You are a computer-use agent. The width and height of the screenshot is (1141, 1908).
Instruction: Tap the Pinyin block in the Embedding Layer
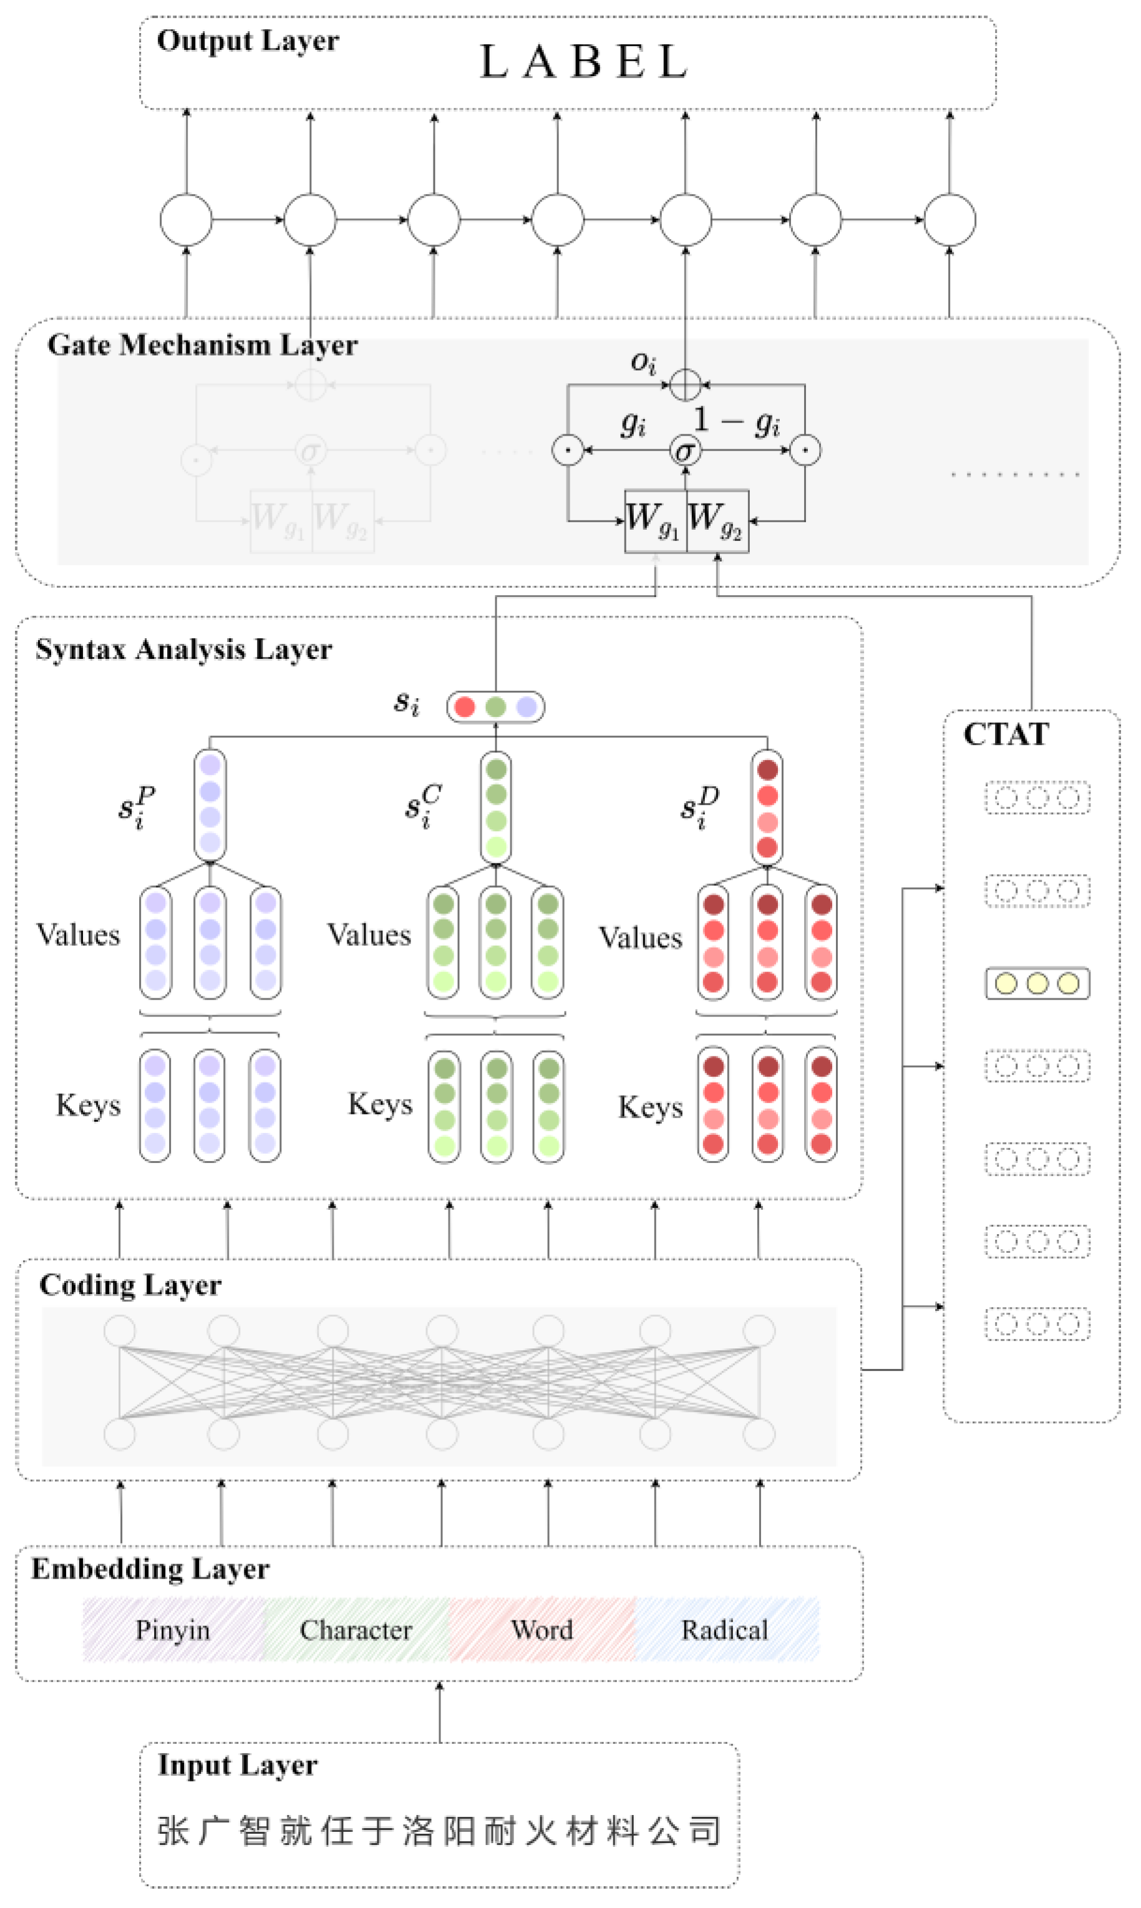173,1630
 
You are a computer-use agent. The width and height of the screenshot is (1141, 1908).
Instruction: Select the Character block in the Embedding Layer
356,1630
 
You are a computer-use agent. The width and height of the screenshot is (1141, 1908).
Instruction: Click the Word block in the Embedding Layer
542,1630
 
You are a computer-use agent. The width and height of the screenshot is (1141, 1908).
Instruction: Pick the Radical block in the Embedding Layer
725,1630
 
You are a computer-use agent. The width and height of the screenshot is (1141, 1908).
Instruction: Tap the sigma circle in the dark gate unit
685,450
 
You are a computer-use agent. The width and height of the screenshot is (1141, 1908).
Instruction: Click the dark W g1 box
655,520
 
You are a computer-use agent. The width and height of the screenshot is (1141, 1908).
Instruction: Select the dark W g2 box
717,520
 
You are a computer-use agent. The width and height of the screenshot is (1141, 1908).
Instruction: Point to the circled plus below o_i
685,384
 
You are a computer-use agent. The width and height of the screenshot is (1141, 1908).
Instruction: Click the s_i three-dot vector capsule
495,706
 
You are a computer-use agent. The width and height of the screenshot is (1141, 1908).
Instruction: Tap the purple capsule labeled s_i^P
210,805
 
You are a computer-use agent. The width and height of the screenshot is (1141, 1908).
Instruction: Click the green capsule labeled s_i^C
496,807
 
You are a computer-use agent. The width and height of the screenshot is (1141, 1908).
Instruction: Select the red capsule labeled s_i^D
767,807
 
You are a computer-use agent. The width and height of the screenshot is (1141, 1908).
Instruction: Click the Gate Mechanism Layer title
202,344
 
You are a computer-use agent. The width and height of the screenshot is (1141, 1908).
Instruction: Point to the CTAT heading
1006,734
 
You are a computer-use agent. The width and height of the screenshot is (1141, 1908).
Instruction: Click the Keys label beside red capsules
651,1107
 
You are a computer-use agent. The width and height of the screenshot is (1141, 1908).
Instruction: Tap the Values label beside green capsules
369,935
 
